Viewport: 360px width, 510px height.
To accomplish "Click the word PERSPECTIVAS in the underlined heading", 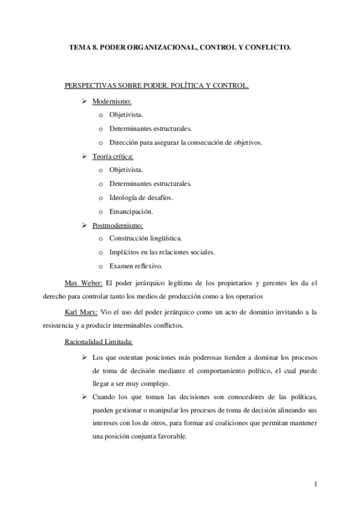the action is (x=91, y=87).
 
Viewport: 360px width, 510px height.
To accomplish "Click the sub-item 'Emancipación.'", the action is (x=131, y=211).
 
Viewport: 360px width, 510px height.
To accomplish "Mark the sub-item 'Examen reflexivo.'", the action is (x=136, y=266).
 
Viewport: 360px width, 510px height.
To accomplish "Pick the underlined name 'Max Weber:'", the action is (x=84, y=281).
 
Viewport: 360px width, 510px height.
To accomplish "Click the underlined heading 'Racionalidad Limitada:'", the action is (x=99, y=342).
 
